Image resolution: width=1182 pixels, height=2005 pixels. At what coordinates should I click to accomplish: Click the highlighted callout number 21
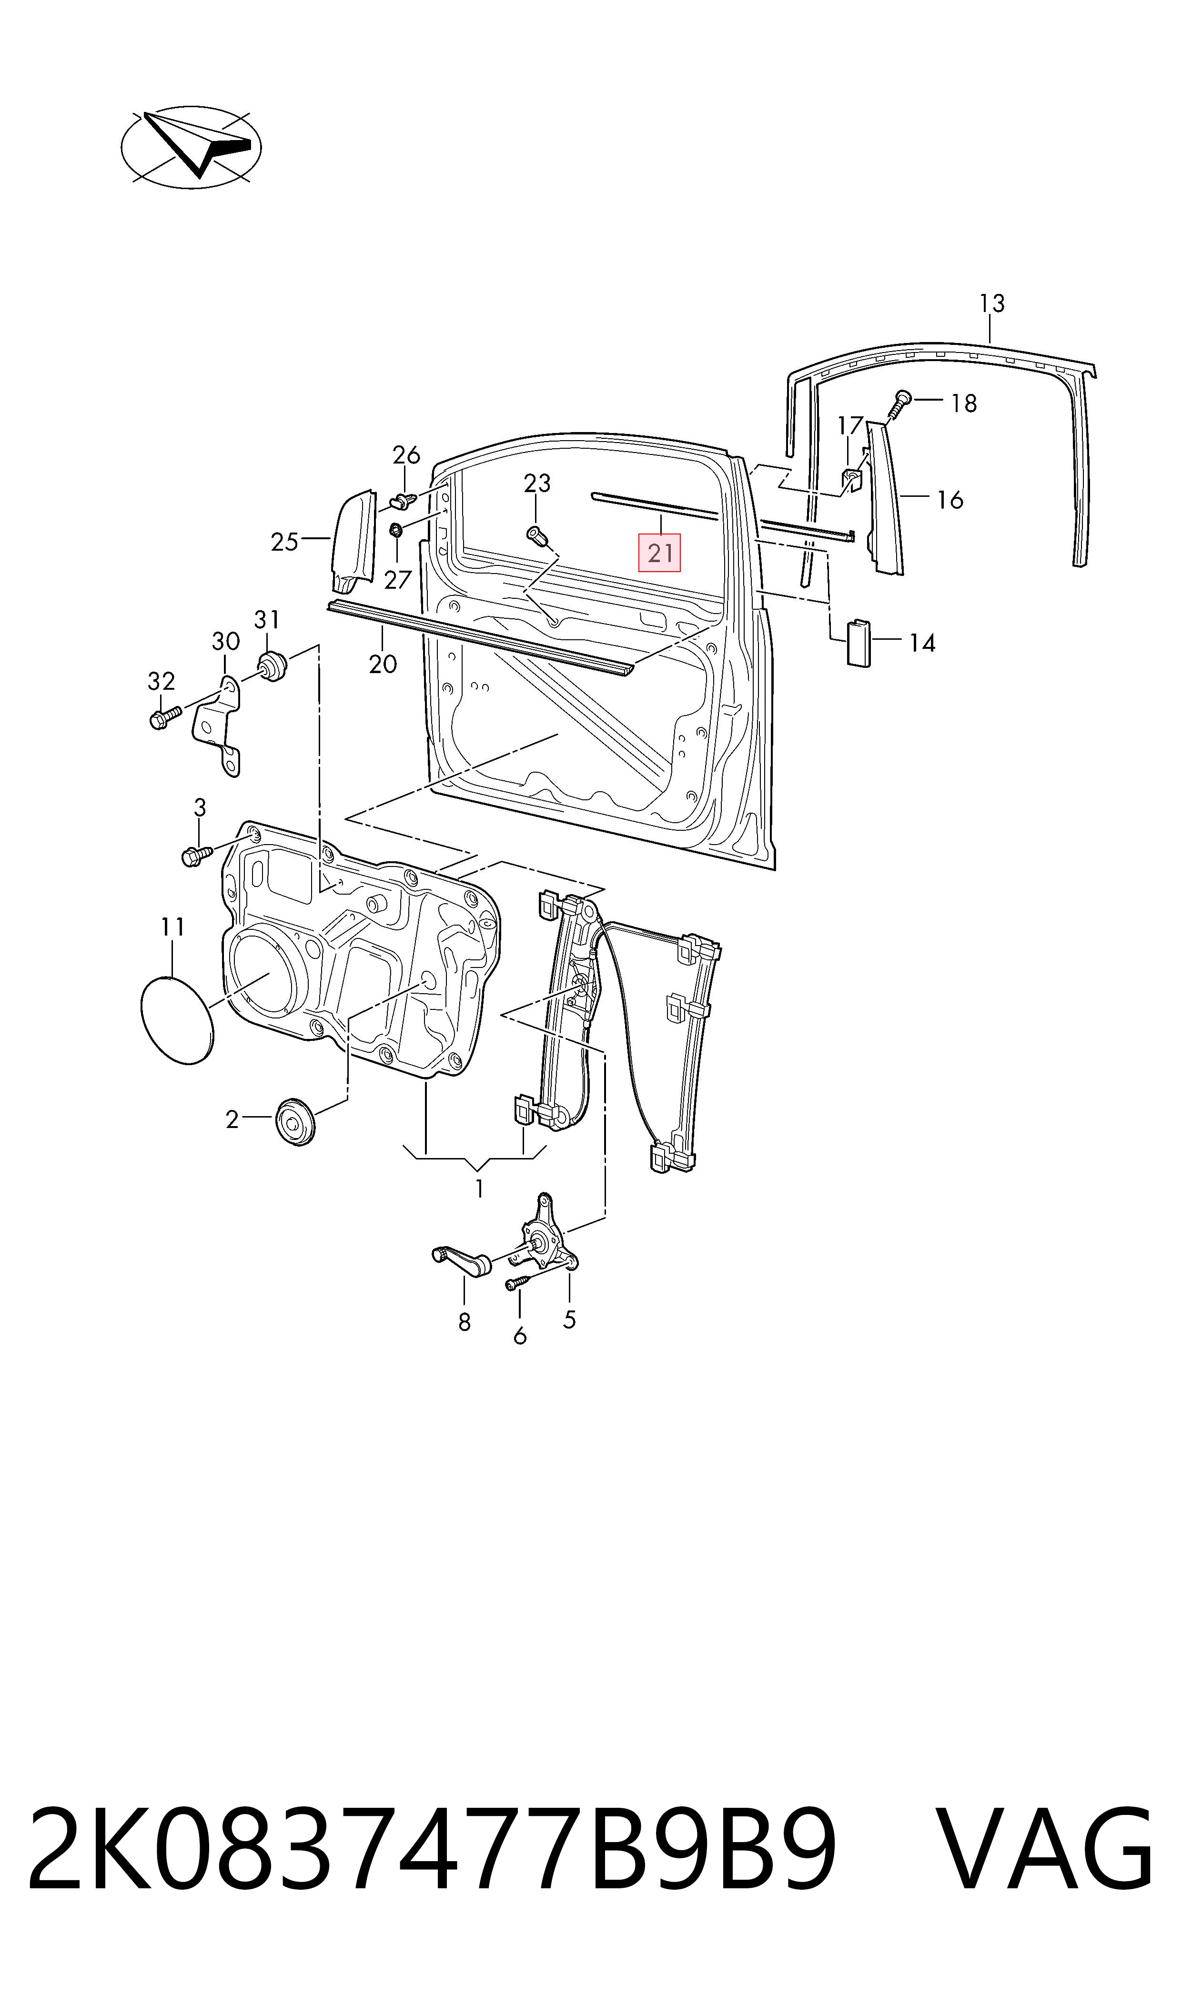[659, 553]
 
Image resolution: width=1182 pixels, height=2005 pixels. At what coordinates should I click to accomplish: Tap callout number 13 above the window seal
[991, 303]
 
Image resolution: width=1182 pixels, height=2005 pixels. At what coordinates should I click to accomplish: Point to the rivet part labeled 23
[537, 537]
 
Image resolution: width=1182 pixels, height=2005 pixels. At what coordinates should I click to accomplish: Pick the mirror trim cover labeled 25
[354, 542]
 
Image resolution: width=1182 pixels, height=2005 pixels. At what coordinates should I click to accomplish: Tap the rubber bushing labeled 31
[272, 666]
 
